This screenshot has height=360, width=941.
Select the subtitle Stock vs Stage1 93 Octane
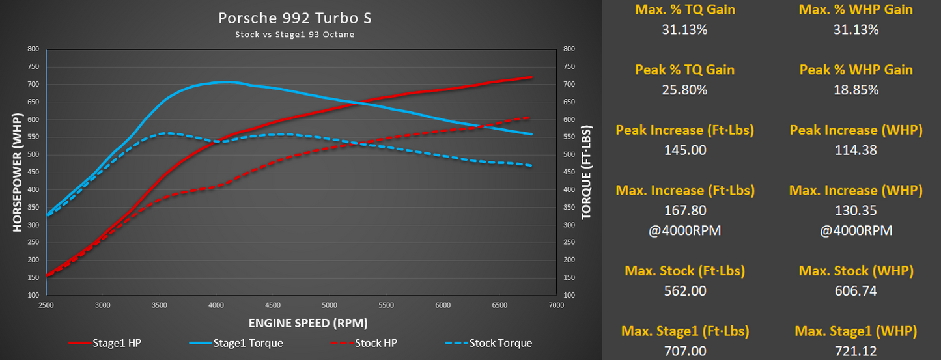(295, 35)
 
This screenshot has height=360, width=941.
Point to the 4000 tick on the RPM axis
(216, 305)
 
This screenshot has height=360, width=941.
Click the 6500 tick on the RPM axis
(499, 305)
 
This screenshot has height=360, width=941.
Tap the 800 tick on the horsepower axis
(33, 49)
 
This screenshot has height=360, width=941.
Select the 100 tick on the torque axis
(569, 295)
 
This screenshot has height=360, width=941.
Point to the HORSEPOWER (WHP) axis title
(18, 172)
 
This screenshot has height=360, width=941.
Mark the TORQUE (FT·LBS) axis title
(586, 172)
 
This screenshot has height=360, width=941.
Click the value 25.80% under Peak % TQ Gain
(684, 90)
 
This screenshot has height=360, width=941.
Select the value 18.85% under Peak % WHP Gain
(856, 90)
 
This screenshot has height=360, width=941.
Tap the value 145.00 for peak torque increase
(684, 150)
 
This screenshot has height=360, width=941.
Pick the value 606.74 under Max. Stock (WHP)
(856, 291)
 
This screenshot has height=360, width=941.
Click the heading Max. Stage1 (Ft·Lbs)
(684, 331)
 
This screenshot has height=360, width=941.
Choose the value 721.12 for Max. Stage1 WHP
(856, 352)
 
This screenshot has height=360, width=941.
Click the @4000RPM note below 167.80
(684, 231)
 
